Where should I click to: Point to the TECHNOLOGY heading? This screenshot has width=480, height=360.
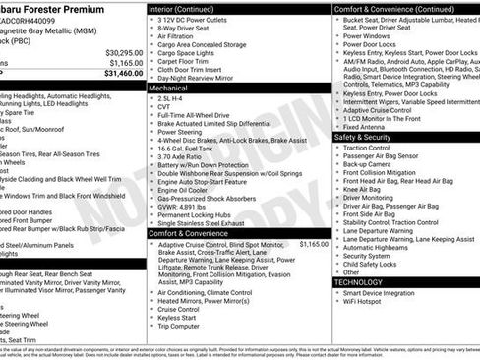click(x=359, y=282)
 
